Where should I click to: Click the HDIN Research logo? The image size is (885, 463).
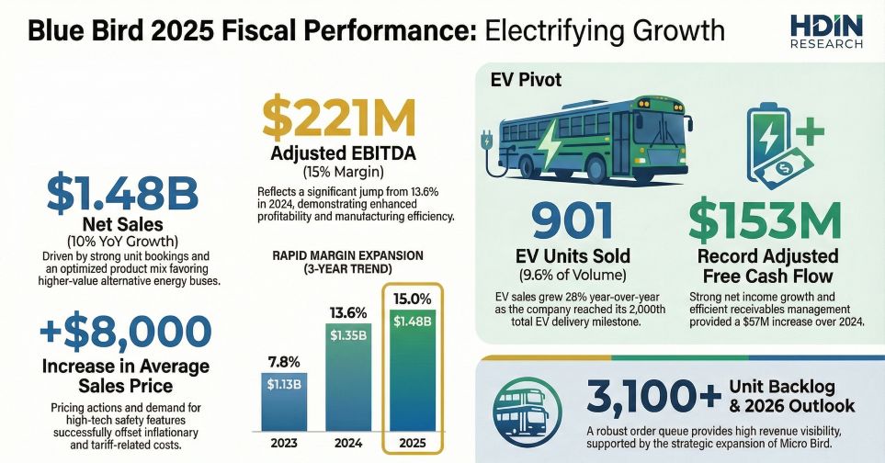pyautogui.click(x=825, y=31)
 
